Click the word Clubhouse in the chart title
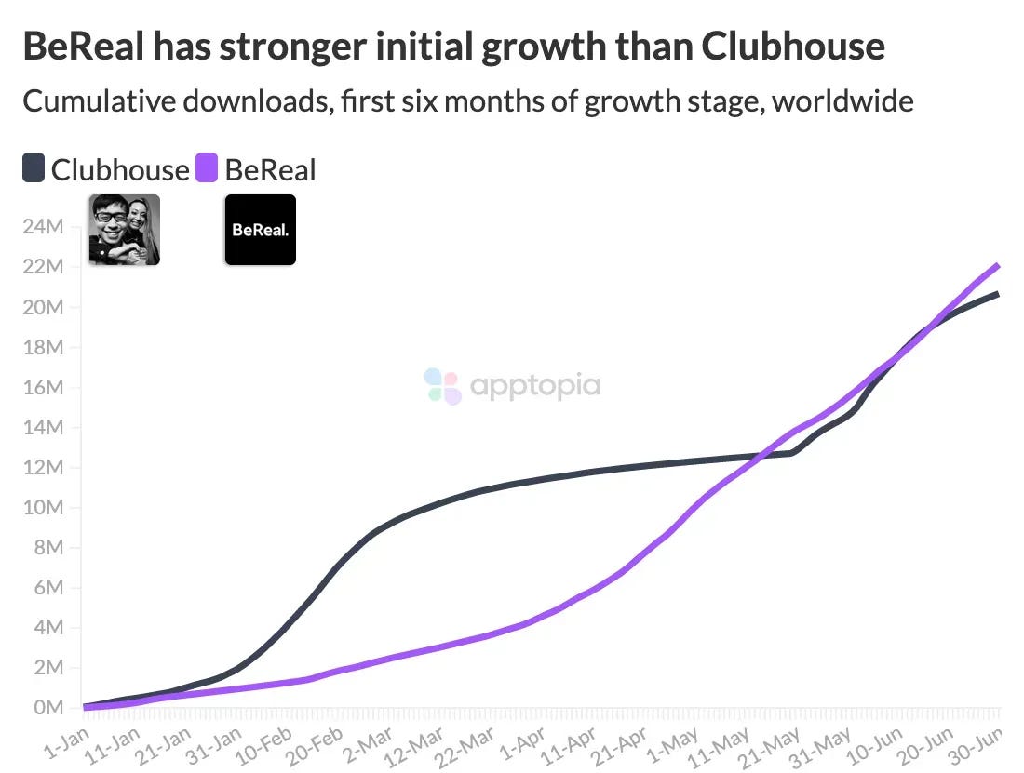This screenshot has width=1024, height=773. pos(792,46)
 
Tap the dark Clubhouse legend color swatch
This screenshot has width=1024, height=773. pos(34,169)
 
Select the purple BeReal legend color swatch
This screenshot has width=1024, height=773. pos(207,169)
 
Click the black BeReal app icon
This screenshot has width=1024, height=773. pos(260,230)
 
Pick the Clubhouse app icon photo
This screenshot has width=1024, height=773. pos(124,230)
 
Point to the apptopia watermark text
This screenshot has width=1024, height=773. pos(535,385)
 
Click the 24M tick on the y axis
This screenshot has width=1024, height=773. pos(44,227)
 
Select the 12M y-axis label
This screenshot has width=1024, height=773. pos(44,468)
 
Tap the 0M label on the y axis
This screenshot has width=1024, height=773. pos(47,708)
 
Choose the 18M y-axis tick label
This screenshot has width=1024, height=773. pos(44,348)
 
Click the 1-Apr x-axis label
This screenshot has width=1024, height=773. pos(523,743)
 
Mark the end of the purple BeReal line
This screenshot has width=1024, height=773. pos(998,265)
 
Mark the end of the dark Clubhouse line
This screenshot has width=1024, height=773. pos(998,294)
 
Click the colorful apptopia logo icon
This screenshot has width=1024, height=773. pos(442,385)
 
